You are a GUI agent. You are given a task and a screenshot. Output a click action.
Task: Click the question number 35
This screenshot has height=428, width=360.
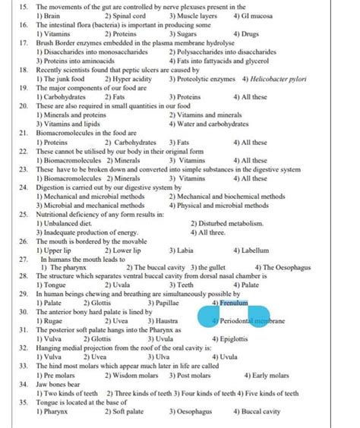[x=23, y=402]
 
